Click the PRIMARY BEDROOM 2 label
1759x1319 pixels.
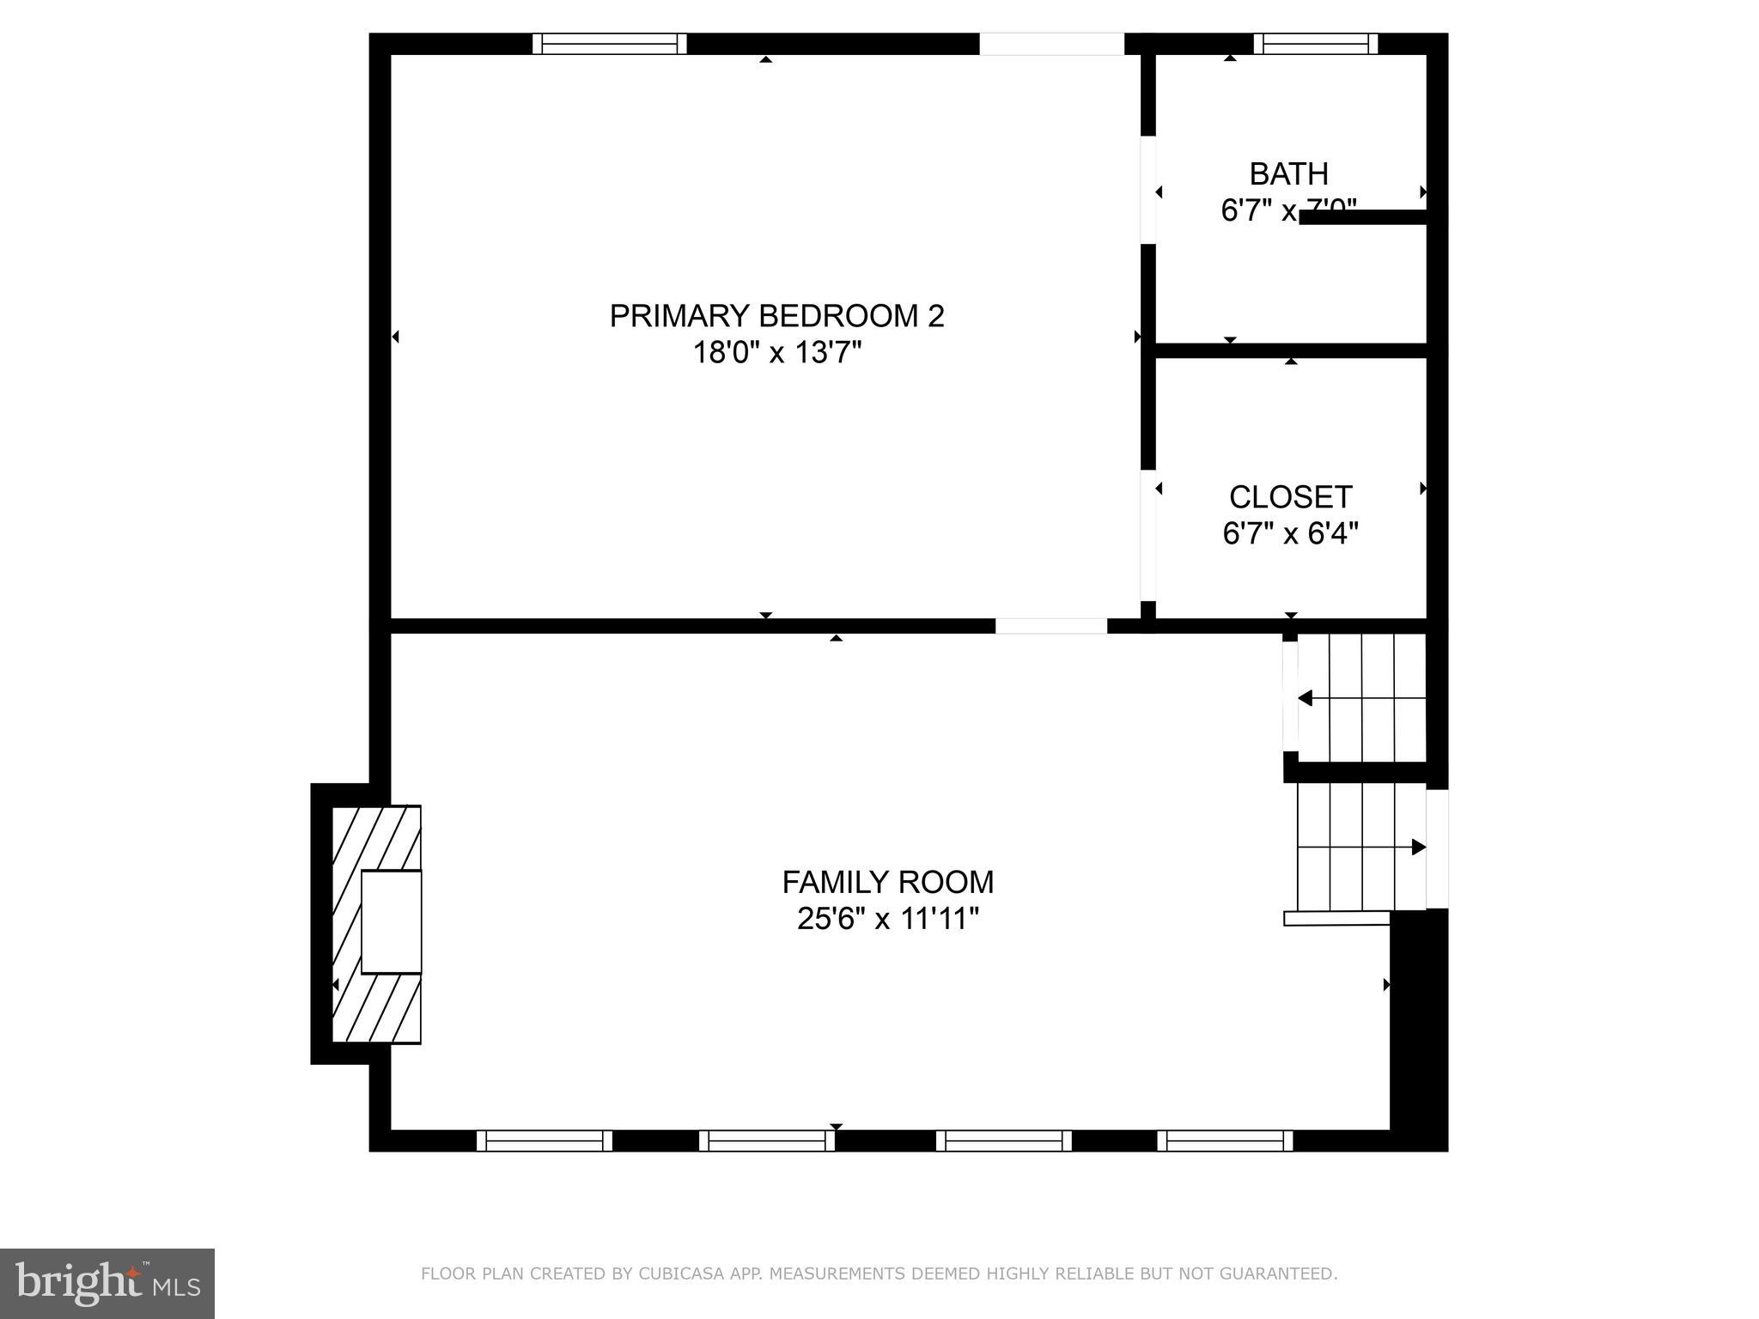pos(776,316)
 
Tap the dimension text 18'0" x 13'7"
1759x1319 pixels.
pos(776,353)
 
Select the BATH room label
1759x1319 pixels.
pos(1288,174)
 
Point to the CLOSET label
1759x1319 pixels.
pos(1290,497)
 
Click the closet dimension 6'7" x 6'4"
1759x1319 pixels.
pos(1290,534)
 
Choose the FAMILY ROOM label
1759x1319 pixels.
pos(887,882)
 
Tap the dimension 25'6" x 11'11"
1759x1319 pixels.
pos(887,920)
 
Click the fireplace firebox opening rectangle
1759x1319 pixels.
pos(392,921)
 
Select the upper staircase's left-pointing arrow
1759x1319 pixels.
pos(1306,698)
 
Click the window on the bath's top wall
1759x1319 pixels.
pos(1315,44)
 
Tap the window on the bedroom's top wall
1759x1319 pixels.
pos(609,44)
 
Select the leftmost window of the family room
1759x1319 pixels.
pos(545,1140)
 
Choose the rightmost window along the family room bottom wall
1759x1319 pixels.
pos(1225,1140)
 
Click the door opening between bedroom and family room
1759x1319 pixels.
pos(1051,626)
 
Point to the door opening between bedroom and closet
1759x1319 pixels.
pos(1147,535)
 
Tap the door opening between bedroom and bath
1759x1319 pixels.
pos(1147,190)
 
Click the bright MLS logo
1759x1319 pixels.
pos(107,1283)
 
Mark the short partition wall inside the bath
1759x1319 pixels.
pos(1364,217)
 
